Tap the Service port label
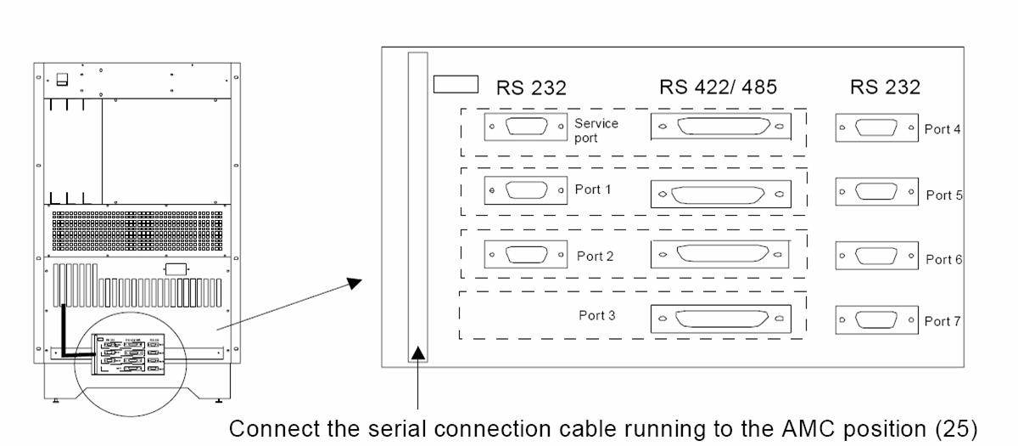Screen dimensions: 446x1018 [596, 129]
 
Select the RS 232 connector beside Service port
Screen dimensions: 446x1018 [525, 128]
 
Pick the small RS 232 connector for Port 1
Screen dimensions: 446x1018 [525, 190]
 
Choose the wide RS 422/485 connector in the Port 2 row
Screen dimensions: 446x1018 [720, 254]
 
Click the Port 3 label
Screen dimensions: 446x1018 [596, 315]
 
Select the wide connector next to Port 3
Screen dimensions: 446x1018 [720, 318]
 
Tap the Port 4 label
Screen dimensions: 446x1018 [942, 130]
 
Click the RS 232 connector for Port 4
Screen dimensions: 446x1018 [876, 128]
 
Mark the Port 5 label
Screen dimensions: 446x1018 [943, 195]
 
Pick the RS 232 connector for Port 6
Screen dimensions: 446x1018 [876, 255]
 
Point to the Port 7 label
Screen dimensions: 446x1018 [942, 321]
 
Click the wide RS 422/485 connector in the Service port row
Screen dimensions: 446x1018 [720, 127]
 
